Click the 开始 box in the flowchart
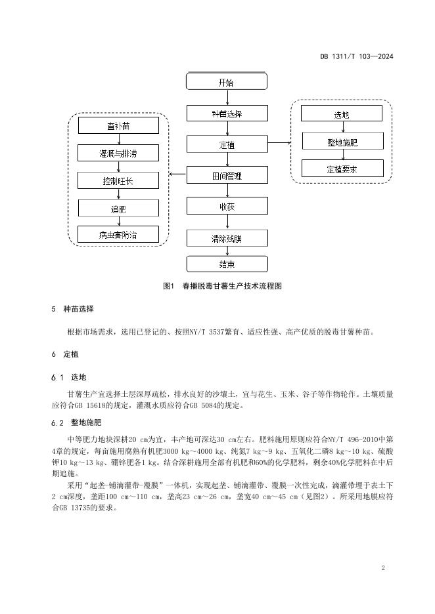(227, 82)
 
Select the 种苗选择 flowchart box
(227, 113)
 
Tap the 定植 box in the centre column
(227, 144)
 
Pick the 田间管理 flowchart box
(227, 175)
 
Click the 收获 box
(227, 206)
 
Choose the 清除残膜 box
(227, 237)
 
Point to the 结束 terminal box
(227, 264)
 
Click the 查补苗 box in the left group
(118, 125)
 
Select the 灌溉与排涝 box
(118, 153)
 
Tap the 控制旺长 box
(118, 180)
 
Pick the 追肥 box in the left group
(118, 208)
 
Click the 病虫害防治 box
(118, 234)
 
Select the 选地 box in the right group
(342, 113)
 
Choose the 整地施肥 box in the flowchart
(342, 141)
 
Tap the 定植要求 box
(342, 169)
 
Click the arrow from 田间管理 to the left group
(177, 174)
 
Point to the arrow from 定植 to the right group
(279, 142)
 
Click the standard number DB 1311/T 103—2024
(356, 57)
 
